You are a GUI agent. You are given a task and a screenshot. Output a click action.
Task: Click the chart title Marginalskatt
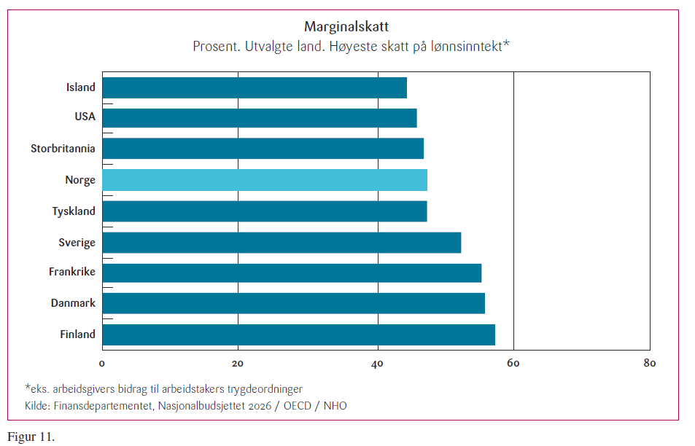pos(347,28)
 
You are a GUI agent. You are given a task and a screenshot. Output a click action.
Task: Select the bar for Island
pos(254,87)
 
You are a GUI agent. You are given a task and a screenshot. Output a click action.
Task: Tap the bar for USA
pos(259,117)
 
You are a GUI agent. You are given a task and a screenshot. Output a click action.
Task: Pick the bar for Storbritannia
pos(263,149)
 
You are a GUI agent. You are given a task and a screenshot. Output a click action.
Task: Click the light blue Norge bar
pos(264,179)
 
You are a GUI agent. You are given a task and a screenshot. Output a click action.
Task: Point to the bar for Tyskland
pos(264,211)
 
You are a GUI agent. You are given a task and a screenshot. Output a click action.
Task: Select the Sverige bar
pos(282,242)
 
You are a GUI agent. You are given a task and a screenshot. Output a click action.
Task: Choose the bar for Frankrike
pos(292,273)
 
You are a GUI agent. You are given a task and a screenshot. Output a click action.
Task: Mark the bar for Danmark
pos(293,303)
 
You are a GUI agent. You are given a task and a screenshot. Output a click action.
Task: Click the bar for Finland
pos(298,334)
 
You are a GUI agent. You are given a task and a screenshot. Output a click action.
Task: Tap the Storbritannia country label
pos(63,149)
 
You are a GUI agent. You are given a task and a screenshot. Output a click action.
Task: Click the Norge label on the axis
pos(80,180)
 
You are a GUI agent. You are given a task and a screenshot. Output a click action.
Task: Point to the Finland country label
pos(77,334)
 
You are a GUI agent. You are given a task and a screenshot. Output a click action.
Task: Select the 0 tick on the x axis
pos(102,363)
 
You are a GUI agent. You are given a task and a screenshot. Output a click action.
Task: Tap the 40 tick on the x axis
pos(376,363)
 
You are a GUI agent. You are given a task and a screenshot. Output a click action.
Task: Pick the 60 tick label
pos(513,363)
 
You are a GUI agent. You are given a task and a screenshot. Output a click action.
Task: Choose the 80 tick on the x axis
pos(650,363)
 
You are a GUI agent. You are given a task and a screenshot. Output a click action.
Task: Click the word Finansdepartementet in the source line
pos(98,405)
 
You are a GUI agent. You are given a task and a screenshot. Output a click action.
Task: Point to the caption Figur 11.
pos(31,437)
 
